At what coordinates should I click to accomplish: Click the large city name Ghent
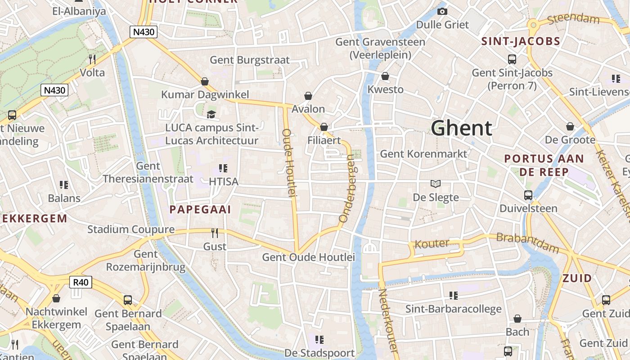[461, 128]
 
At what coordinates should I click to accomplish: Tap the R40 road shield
[81, 282]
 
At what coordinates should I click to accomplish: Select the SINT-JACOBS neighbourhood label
[521, 41]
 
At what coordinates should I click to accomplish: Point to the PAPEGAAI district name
[200, 209]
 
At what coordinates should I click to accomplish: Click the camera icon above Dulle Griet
[442, 12]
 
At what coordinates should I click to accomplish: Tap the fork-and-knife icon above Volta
[92, 59]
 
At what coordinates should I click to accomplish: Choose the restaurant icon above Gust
[215, 233]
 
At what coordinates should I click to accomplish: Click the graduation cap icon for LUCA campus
[211, 114]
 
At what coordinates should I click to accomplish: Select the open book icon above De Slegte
[435, 184]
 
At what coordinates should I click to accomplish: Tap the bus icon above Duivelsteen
[528, 195]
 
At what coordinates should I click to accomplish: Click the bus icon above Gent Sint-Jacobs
[512, 59]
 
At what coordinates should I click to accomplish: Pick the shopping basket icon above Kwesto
[385, 76]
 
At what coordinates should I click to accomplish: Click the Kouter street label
[432, 244]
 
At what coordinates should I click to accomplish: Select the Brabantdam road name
[527, 243]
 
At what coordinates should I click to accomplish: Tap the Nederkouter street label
[387, 319]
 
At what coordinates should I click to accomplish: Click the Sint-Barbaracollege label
[453, 309]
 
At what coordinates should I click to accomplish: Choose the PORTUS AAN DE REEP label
[544, 165]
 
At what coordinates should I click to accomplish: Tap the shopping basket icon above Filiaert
[324, 127]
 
